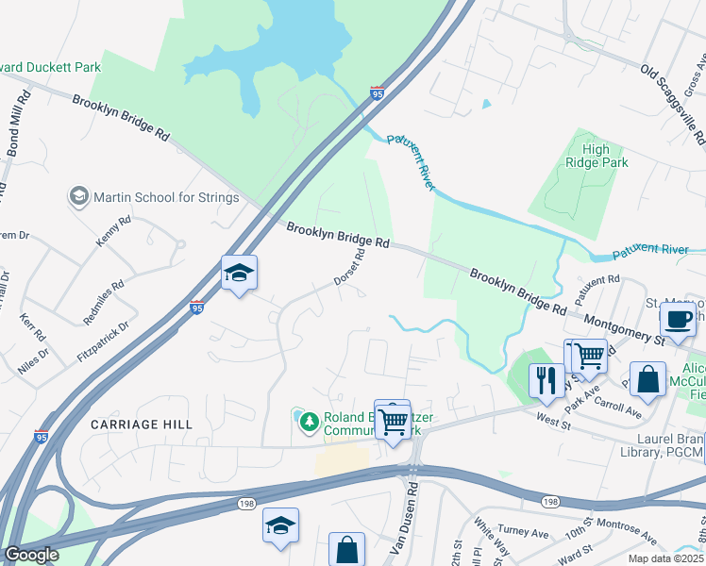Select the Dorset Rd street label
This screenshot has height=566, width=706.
348,269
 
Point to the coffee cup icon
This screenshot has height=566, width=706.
678,319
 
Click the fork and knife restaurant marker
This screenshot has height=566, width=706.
546,380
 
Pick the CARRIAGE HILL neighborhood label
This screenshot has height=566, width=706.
142,424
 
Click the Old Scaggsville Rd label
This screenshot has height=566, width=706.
673,103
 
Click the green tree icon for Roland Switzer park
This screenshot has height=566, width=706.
308,421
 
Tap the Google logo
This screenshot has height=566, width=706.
31,555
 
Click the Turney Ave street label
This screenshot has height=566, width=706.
524,534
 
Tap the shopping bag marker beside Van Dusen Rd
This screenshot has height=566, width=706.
346,549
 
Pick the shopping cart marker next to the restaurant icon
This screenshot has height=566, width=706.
589,357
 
